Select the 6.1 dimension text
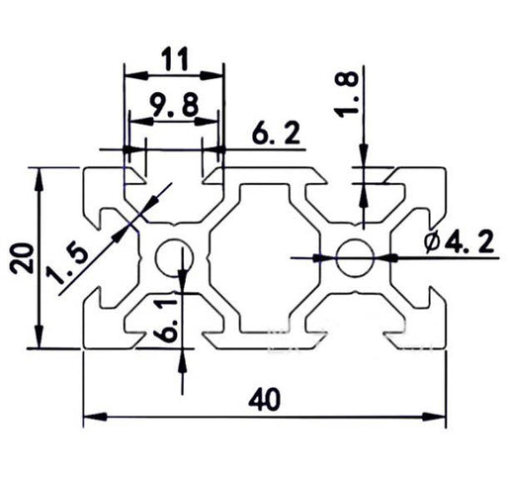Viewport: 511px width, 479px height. tap(169, 320)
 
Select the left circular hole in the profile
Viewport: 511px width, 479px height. tap(175, 257)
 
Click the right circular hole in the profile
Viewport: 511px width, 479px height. tap(352, 257)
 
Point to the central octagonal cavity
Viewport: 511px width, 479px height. tap(263, 257)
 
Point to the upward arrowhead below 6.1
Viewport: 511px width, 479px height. tap(184, 358)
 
